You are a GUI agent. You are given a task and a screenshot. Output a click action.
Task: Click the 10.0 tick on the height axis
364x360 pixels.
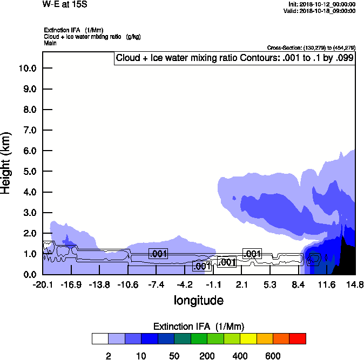click(27, 69)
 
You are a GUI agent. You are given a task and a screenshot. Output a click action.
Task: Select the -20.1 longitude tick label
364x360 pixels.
click(43, 284)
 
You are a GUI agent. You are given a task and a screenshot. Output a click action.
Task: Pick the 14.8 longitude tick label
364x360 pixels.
click(355, 284)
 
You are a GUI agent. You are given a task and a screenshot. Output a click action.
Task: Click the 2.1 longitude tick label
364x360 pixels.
click(241, 284)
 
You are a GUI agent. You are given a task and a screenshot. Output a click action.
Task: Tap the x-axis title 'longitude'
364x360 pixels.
click(198, 300)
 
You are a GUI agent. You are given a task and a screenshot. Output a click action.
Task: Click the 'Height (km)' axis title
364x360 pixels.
click(7, 162)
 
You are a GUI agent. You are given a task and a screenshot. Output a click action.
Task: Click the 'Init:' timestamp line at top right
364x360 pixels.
click(322, 4)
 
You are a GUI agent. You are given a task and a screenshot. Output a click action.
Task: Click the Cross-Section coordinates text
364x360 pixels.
click(311, 48)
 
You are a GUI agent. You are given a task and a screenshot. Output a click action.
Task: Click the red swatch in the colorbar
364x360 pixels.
click(298, 339)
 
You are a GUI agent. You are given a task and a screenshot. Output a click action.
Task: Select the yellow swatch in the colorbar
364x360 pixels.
click(248, 339)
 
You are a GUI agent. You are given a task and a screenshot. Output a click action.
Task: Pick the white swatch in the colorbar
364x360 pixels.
click(100, 339)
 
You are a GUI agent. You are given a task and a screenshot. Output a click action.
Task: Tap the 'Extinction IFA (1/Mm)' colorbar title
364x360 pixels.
click(199, 327)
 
